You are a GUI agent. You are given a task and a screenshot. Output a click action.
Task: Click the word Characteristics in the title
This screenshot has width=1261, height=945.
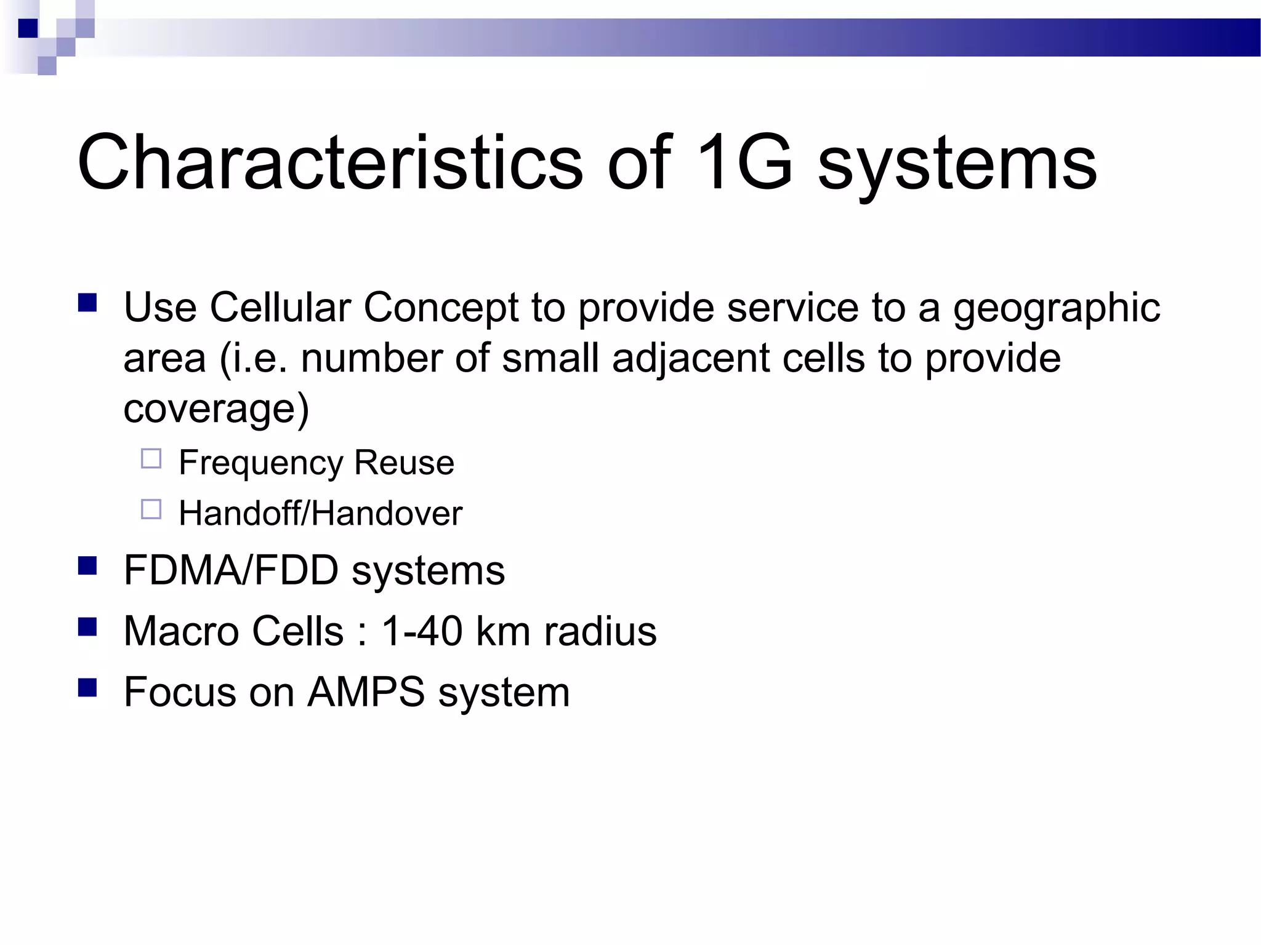coord(329,163)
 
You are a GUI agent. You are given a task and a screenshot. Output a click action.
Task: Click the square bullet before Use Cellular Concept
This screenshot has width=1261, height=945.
coord(87,303)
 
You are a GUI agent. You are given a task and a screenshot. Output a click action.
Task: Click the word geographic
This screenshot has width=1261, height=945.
coord(1057,309)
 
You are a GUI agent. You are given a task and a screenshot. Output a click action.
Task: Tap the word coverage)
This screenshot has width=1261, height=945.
coord(216,409)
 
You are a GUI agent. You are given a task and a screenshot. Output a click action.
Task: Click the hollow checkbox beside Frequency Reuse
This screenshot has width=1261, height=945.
coord(151,459)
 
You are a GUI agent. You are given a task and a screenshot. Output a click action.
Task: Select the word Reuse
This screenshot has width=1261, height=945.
coord(404,463)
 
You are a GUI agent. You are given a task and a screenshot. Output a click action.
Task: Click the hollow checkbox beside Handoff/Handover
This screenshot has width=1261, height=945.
coord(151,509)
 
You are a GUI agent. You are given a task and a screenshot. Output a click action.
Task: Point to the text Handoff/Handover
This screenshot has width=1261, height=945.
coord(320,513)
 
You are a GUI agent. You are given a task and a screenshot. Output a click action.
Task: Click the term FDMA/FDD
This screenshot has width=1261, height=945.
coord(231,570)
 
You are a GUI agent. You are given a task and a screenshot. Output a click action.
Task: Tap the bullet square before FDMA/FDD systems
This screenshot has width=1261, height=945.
coord(87,565)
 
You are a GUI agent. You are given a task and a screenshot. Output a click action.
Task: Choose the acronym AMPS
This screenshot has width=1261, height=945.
coord(366,692)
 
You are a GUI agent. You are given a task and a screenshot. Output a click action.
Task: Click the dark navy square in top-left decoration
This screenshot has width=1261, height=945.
coord(28,28)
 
